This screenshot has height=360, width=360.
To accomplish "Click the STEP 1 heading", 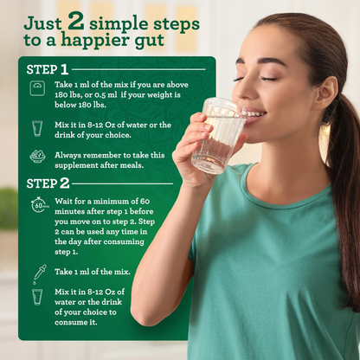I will (48, 69).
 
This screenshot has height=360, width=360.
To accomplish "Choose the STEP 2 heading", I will (48, 183).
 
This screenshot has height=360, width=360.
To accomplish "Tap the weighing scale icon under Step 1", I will (37, 89).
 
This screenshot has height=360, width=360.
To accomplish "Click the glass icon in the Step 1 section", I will (37, 128).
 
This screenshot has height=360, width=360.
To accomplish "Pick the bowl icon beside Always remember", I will (37, 157).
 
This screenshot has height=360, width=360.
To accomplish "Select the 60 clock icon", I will (39, 205).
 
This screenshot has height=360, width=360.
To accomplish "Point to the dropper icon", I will (38, 273).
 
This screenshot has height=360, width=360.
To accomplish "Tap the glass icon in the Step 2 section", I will (37, 297).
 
